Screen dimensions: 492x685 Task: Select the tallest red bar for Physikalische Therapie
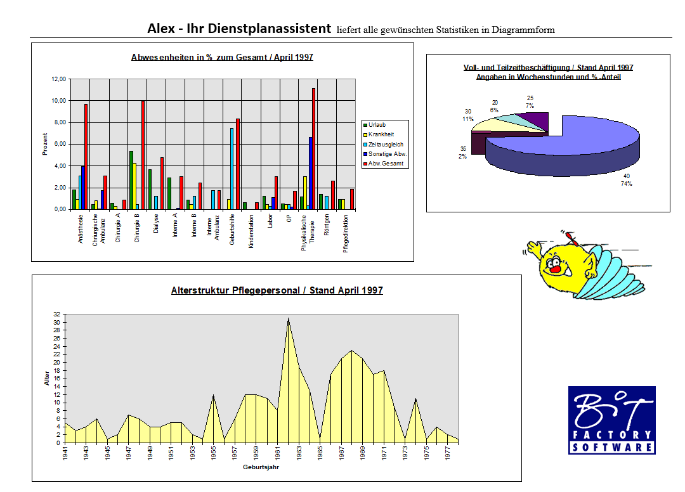(x=313, y=148)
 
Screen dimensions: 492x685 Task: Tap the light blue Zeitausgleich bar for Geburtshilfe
(x=232, y=169)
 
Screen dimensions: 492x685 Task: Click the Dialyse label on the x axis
(x=155, y=224)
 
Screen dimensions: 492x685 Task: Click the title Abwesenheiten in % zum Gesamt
(x=222, y=57)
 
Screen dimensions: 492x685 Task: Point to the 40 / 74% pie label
(x=627, y=180)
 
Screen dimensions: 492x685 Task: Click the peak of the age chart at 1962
(x=288, y=319)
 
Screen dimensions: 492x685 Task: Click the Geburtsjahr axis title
(x=260, y=468)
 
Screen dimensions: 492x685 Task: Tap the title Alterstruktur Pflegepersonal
(x=277, y=290)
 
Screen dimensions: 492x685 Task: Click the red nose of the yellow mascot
(x=555, y=269)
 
